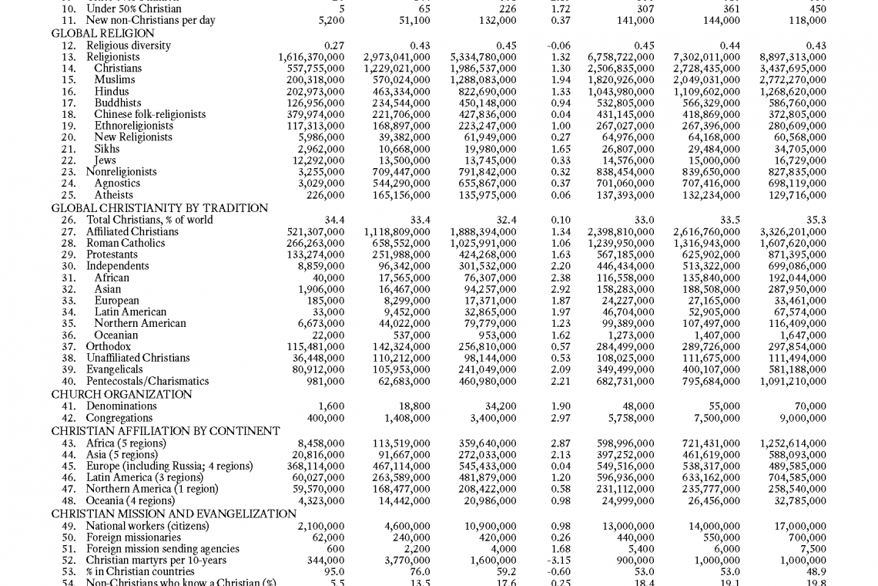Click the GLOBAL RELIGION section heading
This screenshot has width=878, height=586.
coord(102,34)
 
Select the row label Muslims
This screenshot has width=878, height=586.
coord(115,79)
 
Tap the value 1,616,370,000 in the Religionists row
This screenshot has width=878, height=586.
coord(311,57)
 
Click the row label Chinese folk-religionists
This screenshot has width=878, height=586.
coord(150,114)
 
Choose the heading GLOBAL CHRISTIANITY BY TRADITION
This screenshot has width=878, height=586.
coord(159,208)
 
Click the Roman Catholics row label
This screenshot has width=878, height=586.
coord(126,243)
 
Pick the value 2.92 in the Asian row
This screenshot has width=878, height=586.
coord(560,289)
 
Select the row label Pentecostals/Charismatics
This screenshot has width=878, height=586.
coord(147,381)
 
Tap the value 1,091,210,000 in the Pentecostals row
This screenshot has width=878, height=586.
coord(793,381)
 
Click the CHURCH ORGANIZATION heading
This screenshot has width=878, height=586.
coord(122,394)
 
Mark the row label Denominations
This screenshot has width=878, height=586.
coord(121,406)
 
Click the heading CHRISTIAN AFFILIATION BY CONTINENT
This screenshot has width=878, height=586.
coord(166,431)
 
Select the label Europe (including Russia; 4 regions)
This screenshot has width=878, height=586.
coord(169,466)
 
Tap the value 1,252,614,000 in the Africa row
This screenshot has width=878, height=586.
coord(793,443)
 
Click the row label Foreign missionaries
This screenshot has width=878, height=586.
coord(133,537)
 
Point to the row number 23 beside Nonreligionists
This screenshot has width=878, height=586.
coord(69,172)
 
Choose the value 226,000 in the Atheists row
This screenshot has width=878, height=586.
coord(326,195)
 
